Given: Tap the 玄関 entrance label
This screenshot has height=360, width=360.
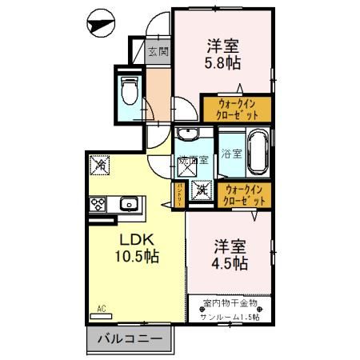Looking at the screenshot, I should coord(158,53).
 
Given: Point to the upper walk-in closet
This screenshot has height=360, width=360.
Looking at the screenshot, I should coord(235,109).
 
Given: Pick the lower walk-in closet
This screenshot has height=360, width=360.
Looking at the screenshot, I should coord(243,195).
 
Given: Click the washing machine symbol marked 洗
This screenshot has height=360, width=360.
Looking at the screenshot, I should coord(202,190).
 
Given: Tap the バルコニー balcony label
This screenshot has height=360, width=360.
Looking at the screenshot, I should coord(130,339).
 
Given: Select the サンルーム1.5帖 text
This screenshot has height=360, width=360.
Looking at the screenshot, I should coord(230,317).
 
